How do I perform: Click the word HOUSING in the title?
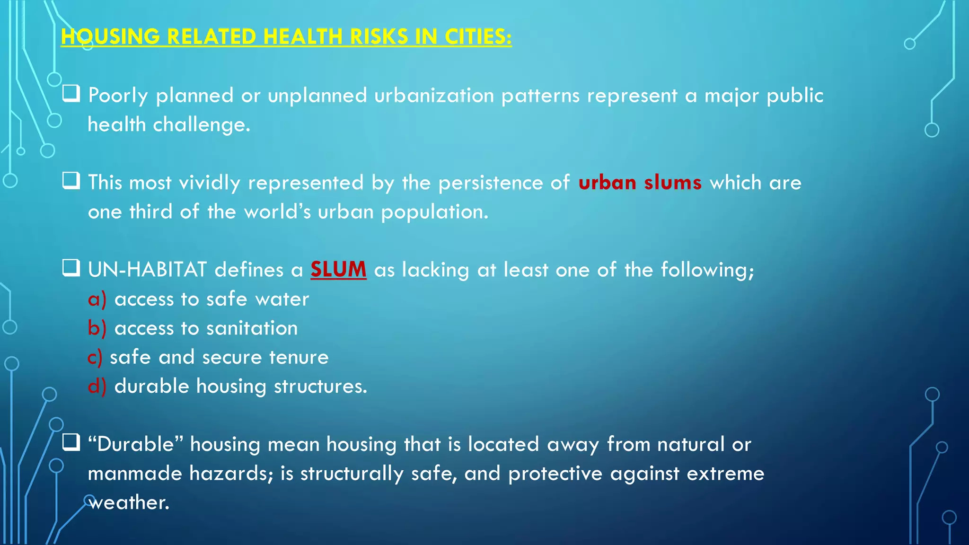coord(110,37)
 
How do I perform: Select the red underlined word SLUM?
coord(338,270)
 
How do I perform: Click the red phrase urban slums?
coord(640,183)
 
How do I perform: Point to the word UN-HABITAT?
coord(147,270)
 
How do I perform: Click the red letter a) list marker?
coord(97,299)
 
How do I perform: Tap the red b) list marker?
coord(97,328)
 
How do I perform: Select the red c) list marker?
coord(95,358)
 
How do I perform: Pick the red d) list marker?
coord(97,387)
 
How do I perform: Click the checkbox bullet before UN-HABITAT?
coord(71,268)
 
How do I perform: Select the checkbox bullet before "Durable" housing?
coord(71,443)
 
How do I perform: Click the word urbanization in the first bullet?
coord(434,96)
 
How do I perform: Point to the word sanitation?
coord(252,328)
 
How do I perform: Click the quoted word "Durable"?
coord(135,445)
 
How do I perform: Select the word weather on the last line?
coord(129,503)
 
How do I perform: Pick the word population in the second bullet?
coord(434,212)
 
